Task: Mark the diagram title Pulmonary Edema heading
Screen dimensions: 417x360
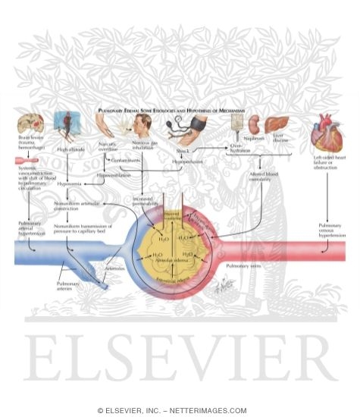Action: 179,110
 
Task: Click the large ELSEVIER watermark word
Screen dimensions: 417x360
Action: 179,361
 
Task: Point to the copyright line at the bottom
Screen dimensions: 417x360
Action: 179,410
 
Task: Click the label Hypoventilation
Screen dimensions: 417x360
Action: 114,175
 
